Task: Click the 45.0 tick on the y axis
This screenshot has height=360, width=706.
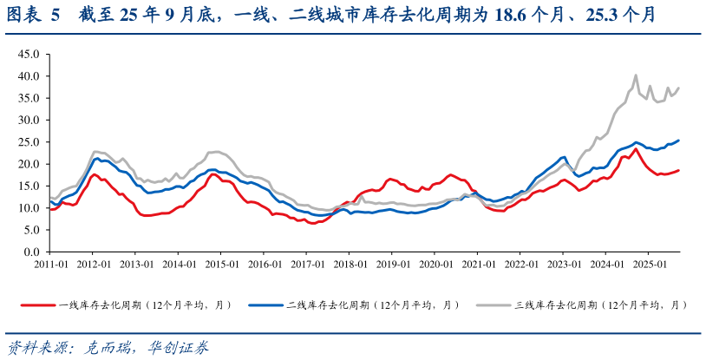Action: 29,54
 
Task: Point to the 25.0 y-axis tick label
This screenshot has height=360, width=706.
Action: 29,141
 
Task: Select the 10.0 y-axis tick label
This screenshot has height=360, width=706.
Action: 29,208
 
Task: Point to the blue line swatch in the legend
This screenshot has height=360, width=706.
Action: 265,305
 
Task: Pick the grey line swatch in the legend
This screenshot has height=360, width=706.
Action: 494,305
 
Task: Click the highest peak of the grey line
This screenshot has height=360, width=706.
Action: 636,75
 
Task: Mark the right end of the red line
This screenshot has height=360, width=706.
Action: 678,170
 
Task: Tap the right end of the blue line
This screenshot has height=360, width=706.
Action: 678,141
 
